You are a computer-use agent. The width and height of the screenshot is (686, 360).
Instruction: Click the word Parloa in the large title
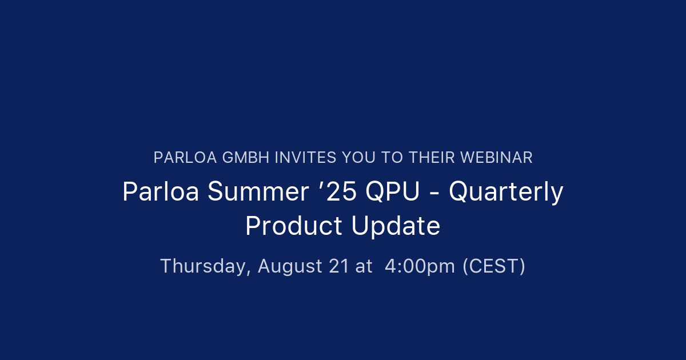(161, 192)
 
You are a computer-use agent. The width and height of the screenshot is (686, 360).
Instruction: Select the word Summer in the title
(258, 192)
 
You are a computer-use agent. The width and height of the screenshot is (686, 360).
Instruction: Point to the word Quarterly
(506, 193)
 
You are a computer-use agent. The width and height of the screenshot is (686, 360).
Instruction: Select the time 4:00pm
(420, 266)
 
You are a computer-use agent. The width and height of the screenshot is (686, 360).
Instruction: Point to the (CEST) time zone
(493, 266)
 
